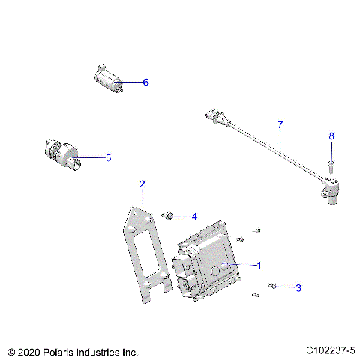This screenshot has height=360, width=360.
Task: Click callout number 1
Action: click(259, 265)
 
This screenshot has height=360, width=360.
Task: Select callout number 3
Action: click(298, 287)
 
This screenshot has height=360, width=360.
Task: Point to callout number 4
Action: click(193, 217)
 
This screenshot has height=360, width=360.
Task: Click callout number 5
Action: click(108, 158)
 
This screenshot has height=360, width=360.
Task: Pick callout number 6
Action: click(145, 82)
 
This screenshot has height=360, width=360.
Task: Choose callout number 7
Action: click(280, 124)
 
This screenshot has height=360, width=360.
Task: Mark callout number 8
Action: click(331, 136)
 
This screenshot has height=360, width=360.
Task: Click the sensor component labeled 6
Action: click(108, 79)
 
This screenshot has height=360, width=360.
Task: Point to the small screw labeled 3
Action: click(274, 286)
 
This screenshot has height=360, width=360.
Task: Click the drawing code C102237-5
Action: click(330, 350)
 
